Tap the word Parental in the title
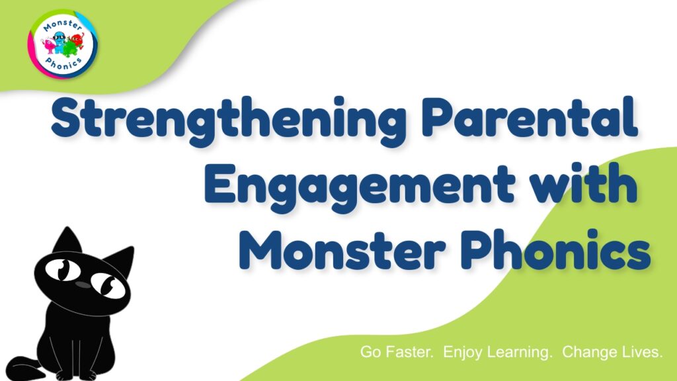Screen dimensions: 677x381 [x=530, y=116]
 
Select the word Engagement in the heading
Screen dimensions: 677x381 [x=359, y=187]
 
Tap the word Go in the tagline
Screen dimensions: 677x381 [x=370, y=352]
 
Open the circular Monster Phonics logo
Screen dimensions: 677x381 [x=63, y=44]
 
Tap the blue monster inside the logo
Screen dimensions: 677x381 [x=60, y=42]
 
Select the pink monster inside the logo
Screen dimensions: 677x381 [x=48, y=45]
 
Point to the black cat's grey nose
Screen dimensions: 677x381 [x=83, y=285]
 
